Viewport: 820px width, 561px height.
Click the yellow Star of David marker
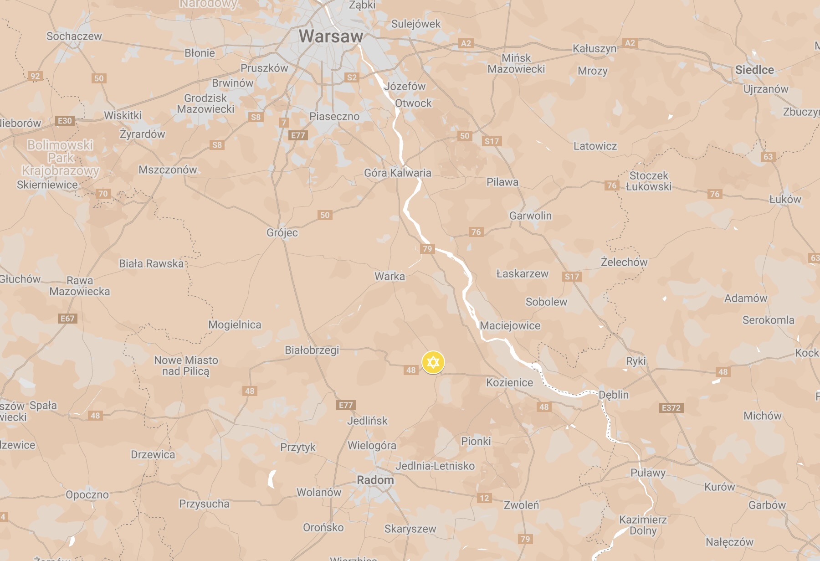coord(433,362)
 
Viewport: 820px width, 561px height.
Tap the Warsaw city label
coord(331,36)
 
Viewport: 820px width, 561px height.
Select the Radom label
coord(375,480)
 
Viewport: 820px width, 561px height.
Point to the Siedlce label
coord(754,70)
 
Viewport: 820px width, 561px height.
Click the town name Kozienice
coord(509,382)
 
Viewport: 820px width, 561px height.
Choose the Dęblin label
coord(614,395)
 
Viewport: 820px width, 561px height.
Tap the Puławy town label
coord(648,473)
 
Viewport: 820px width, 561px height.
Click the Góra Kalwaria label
coord(397,173)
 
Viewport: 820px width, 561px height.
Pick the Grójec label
coord(282,232)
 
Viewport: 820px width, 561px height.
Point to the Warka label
coord(389,276)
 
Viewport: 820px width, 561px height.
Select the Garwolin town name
coord(530,216)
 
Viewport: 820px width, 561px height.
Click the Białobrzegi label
coord(312,350)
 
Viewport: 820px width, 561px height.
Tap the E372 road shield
coord(671,407)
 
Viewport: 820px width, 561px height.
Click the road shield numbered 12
coord(484,498)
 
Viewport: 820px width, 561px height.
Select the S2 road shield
coord(352,77)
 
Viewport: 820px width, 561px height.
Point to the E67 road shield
coord(67,319)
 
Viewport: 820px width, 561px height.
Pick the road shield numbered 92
coord(35,76)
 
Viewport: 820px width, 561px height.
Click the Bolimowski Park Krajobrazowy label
coord(61,158)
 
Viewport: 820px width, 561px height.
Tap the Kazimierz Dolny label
coord(643,525)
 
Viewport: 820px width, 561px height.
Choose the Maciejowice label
coord(510,325)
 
